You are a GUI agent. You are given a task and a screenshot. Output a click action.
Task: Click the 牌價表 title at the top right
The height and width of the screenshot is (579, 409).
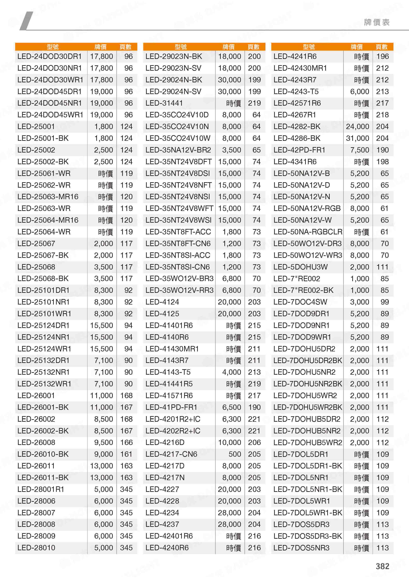pos(377,22)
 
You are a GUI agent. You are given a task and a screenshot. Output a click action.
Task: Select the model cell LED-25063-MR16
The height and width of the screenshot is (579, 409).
pos(48,197)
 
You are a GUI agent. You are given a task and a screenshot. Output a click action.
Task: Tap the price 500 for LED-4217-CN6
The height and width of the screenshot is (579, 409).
pos(235,454)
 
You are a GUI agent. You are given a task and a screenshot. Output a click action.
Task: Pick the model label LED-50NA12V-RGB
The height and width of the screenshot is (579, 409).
pos(307,208)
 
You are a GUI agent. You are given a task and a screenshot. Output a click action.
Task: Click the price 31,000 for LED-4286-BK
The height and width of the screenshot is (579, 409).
pos(357,138)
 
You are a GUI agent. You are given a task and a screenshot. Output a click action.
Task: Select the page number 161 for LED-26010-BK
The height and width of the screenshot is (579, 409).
pos(126,454)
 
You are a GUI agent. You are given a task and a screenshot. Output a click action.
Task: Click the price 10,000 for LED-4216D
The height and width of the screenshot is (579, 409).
pos(229,442)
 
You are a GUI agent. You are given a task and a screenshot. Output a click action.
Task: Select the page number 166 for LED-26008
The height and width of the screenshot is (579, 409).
pos(126,442)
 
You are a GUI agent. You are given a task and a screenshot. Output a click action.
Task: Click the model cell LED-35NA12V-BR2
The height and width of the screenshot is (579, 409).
pos(178,150)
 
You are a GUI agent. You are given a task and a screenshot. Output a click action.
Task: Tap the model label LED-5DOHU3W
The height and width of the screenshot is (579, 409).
pos(301,267)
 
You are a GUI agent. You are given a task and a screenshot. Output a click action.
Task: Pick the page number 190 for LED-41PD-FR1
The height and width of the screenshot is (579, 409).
pos(254,407)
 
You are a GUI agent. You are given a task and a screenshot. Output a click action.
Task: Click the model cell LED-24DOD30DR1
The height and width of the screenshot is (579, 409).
pos(49,56)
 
